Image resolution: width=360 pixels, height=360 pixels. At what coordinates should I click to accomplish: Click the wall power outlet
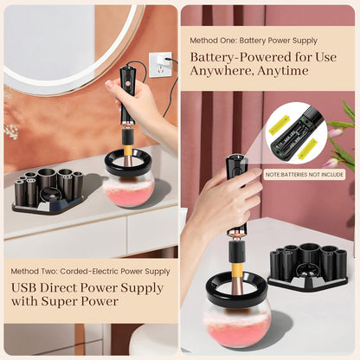(x=158, y=65)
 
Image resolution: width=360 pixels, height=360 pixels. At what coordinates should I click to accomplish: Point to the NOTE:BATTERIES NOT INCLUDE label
(x=305, y=174)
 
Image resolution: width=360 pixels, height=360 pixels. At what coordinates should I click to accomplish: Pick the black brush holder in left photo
(x=47, y=190)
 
